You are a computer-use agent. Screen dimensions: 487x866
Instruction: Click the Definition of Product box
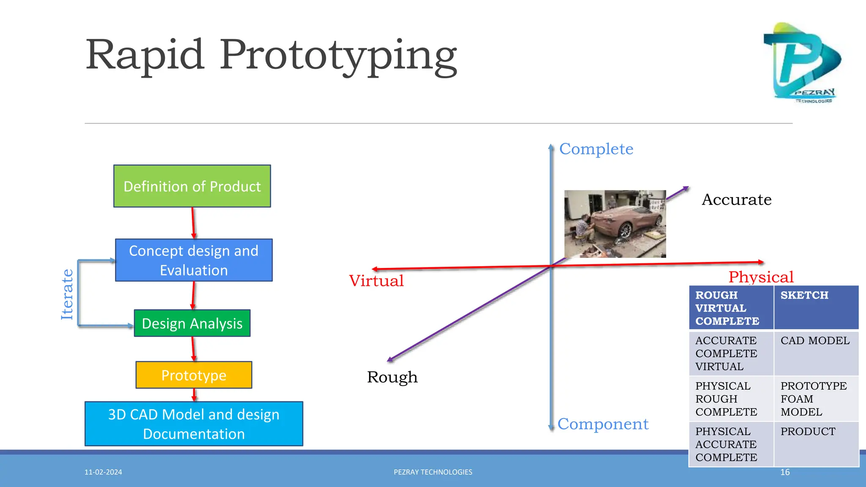tap(192, 186)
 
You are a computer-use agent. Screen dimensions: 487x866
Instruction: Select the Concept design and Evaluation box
tap(194, 260)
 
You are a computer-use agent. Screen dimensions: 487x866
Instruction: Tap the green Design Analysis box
tap(192, 323)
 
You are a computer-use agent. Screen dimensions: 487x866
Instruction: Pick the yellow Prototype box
tap(194, 375)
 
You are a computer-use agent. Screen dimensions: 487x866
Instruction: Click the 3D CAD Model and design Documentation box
tap(194, 424)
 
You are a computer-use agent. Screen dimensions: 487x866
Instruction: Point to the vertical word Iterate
tap(67, 294)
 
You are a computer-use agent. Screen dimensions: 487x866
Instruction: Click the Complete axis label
tap(596, 149)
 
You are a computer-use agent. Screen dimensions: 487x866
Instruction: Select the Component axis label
tap(603, 424)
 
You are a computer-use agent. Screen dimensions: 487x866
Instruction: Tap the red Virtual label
tap(376, 281)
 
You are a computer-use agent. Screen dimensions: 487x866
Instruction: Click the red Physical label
tap(761, 277)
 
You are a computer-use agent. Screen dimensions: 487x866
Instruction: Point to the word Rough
tap(392, 377)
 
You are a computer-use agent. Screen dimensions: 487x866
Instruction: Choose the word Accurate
tap(737, 200)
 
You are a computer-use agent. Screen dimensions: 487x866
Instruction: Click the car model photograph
tap(615, 224)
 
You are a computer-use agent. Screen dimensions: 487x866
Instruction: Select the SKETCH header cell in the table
tap(816, 307)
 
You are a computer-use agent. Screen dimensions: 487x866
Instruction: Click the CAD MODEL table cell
tap(816, 353)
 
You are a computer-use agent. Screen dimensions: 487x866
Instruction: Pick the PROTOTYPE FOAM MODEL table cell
tap(816, 399)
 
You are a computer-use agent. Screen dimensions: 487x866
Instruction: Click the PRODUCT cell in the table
tap(816, 444)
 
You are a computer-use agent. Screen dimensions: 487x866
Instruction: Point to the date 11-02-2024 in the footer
tap(103, 472)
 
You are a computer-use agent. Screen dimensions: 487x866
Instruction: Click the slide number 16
tap(785, 472)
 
